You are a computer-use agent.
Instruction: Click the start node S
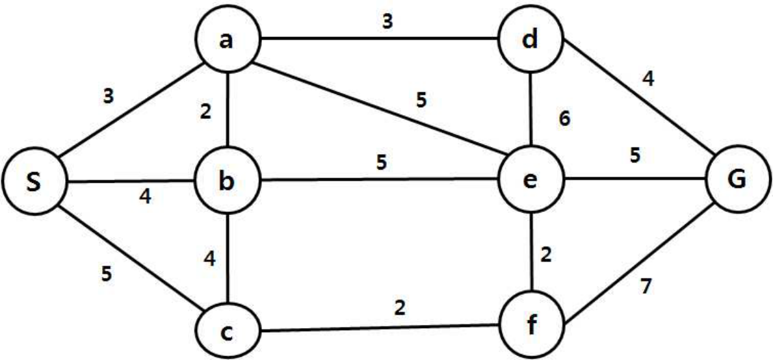coord(34,182)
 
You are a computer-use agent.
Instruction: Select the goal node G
coord(738,182)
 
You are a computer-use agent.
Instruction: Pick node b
coord(228,182)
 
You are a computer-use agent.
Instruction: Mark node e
coord(531,182)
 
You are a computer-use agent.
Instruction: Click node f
coord(531,324)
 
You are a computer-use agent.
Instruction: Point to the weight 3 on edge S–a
coord(109,96)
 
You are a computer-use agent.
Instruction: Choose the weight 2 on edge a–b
coord(206,112)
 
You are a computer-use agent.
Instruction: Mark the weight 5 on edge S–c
coord(107,274)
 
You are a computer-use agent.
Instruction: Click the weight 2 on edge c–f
coord(400,307)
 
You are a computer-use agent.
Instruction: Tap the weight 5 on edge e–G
coord(635,155)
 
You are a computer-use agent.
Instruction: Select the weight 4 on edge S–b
coord(146,197)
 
